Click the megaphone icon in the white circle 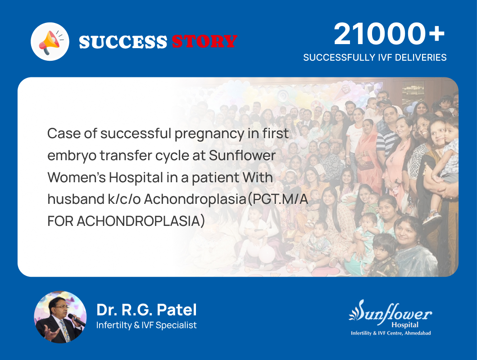point(50,42)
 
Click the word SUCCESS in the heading point(123,42)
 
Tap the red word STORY point(204,42)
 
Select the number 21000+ point(389,35)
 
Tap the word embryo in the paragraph point(71,156)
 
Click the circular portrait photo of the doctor point(60,317)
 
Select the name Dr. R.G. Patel point(146,310)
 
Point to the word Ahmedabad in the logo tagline point(418,333)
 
